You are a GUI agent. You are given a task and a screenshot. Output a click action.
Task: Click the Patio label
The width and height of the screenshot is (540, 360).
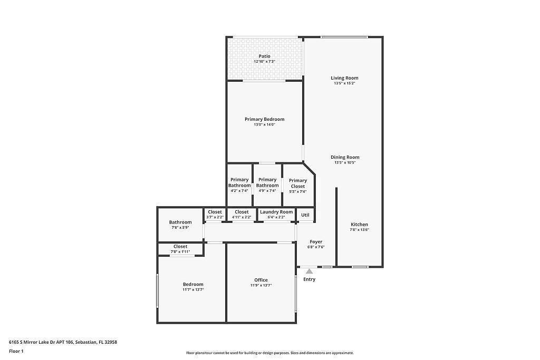264,56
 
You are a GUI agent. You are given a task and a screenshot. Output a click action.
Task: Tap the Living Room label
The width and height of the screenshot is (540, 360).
344,78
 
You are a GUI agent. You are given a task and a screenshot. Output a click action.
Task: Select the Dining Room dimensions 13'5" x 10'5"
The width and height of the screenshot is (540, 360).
345,163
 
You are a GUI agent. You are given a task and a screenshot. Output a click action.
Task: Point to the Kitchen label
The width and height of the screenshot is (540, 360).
360,225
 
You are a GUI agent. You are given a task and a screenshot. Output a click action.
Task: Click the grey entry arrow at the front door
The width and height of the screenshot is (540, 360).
310,271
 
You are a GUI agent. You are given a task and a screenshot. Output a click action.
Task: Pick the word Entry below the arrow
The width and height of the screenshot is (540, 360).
309,279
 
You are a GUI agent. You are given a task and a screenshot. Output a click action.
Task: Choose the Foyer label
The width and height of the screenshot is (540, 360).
316,242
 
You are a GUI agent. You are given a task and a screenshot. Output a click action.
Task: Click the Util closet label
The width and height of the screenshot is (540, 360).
305,215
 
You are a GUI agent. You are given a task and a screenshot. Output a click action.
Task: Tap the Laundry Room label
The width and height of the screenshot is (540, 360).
276,212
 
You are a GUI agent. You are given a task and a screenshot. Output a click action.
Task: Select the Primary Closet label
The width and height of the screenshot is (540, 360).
297,183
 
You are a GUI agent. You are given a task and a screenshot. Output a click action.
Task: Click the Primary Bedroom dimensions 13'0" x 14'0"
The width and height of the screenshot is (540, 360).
264,125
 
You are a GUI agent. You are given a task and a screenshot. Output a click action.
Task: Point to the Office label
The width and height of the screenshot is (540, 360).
261,280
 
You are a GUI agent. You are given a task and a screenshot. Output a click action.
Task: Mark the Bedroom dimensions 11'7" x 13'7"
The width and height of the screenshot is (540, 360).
193,290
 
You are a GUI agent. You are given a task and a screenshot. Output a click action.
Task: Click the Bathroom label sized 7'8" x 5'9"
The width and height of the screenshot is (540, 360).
180,222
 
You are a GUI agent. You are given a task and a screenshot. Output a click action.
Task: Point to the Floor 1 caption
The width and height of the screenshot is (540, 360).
16,351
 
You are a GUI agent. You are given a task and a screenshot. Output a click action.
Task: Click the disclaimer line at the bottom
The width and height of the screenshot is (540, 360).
269,353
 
